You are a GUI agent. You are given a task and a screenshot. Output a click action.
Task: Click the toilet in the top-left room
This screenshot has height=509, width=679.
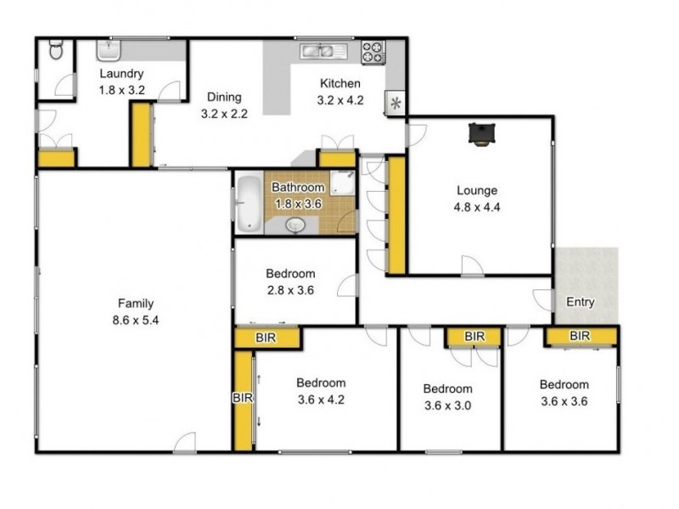(x=56, y=49)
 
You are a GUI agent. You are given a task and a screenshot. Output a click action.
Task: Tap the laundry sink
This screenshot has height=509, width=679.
(x=109, y=50)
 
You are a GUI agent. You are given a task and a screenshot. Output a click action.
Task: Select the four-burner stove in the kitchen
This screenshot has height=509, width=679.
(x=373, y=53)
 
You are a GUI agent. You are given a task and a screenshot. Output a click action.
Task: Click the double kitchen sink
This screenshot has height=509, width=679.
(x=323, y=51)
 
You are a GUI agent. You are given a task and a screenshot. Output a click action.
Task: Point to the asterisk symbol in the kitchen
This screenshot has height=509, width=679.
(x=396, y=103)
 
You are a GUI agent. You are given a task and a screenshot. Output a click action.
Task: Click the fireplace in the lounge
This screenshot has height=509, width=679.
(x=481, y=134)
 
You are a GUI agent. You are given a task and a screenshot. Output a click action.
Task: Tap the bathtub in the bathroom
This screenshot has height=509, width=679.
(x=249, y=204)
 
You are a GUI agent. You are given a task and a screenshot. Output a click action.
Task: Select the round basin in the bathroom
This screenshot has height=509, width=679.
(x=295, y=226)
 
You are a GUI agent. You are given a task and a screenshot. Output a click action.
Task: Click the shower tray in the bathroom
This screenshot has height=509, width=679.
(x=343, y=182)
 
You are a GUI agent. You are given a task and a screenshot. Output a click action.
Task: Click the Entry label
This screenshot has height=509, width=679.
(x=581, y=302)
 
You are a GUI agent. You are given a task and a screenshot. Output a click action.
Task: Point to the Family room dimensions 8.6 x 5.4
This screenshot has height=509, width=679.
(x=136, y=321)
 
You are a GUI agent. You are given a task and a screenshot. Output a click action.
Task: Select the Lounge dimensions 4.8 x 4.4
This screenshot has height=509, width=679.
(x=477, y=207)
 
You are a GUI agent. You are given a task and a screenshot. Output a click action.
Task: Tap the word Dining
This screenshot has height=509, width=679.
(x=224, y=97)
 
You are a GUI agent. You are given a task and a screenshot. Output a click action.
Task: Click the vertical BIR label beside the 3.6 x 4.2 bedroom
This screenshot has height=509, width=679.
(x=243, y=397)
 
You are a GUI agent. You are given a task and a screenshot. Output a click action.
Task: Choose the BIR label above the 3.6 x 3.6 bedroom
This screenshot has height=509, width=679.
(x=580, y=335)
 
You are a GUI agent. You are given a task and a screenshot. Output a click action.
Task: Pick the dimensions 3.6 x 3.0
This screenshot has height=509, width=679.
(x=448, y=406)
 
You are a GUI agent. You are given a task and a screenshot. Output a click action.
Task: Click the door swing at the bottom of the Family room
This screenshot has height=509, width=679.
(x=185, y=442)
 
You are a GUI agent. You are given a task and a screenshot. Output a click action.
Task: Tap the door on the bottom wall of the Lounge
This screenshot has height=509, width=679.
(x=473, y=266)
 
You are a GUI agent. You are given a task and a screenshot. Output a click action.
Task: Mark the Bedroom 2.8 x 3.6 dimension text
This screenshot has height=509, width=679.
(x=290, y=290)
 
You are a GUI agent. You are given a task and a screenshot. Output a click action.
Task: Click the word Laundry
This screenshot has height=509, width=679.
(x=121, y=74)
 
